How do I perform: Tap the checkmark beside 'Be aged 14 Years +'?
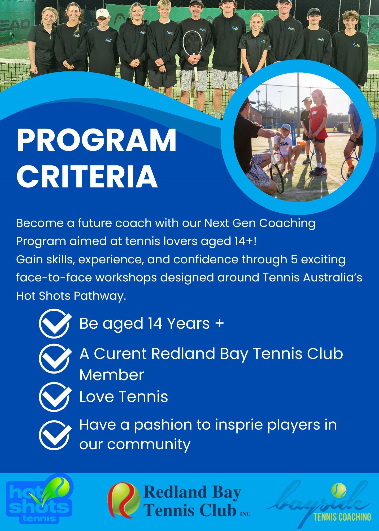[55, 323]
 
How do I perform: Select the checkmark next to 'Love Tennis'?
[55, 397]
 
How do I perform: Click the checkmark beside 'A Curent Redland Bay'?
[55, 358]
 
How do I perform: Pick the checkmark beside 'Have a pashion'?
[55, 435]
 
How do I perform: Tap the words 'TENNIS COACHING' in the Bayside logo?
[342, 517]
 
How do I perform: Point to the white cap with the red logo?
[103, 13]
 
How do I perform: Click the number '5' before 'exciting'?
[294, 259]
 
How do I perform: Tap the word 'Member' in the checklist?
[112, 375]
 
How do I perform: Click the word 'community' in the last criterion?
[149, 444]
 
